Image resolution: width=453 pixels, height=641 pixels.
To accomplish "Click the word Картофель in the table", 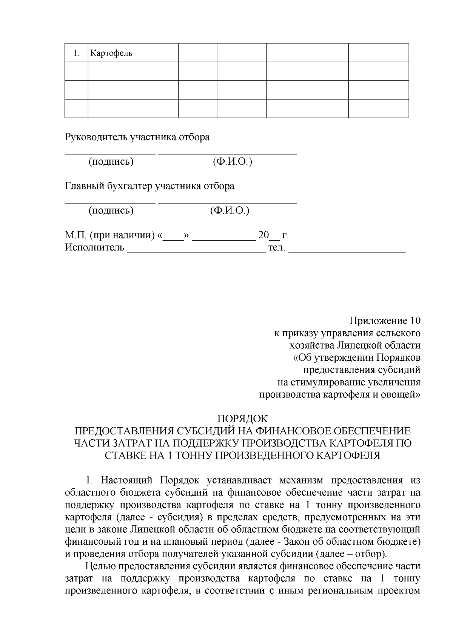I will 111,53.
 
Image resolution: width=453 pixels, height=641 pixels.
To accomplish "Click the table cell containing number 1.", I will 76,53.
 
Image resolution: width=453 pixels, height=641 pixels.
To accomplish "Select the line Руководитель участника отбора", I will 137,137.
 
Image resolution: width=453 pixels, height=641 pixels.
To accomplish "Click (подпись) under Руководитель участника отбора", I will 111,162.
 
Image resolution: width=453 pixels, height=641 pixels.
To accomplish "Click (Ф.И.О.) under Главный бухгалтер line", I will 230,210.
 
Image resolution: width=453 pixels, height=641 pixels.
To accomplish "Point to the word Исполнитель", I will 95,248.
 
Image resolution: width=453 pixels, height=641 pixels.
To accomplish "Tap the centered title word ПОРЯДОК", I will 242,419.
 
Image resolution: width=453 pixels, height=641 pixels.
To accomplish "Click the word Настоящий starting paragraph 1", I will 127,480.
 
